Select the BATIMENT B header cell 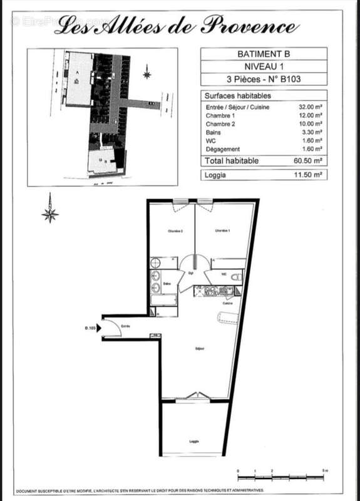263,54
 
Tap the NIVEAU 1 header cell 263,67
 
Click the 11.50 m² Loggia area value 310,175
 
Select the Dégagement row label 222,149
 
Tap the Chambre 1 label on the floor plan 223,231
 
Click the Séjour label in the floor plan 200,349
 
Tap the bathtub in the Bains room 163,307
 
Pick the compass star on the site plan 147,73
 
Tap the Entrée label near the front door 125,326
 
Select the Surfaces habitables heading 237,96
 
